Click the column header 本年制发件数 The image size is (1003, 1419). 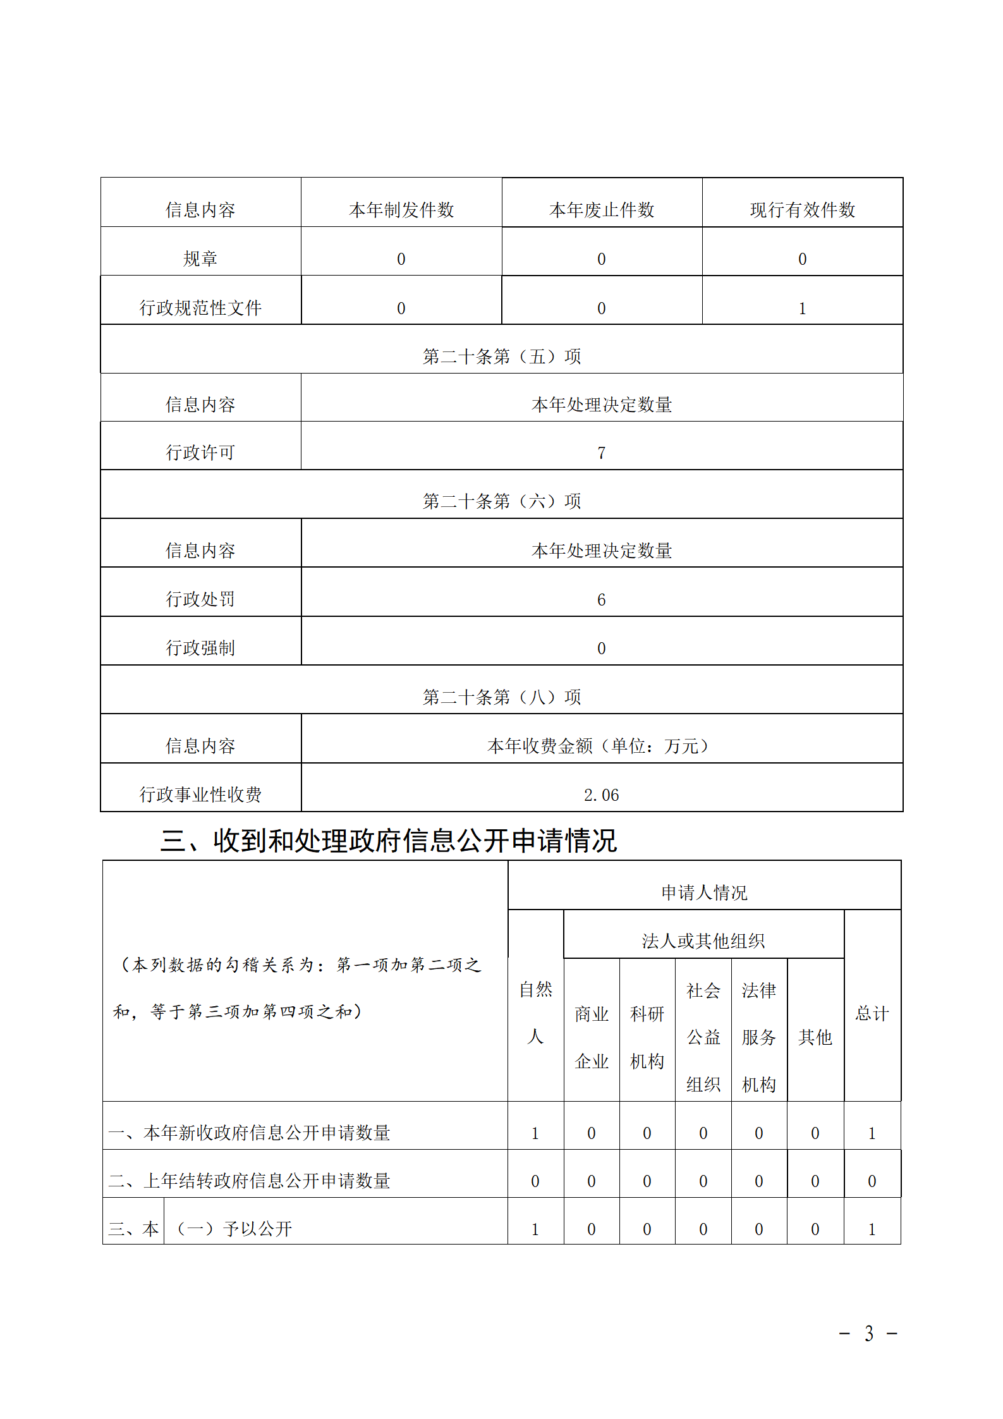tap(401, 210)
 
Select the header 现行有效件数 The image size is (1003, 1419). tap(802, 210)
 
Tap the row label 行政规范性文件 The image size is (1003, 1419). tap(200, 308)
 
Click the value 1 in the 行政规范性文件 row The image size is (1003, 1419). tap(802, 308)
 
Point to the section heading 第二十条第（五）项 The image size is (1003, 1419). tap(501, 356)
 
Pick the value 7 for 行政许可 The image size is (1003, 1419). tap(601, 453)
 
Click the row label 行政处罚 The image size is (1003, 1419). tap(200, 599)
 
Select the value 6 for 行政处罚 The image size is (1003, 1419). tap(601, 599)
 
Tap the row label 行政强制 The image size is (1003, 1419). tap(200, 648)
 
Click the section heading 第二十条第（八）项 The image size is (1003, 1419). tap(501, 697)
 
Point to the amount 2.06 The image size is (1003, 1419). tap(601, 795)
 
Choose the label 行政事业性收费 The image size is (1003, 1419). tap(200, 795)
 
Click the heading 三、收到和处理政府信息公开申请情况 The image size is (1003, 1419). tap(388, 841)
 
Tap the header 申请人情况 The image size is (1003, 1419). tap(704, 892)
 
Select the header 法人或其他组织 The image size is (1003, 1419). tap(703, 941)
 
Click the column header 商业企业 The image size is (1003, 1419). tap(592, 1037)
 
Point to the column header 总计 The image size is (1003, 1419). tap(872, 1014)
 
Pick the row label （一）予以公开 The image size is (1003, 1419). tap(234, 1229)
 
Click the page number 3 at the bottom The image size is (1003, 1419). tap(869, 1334)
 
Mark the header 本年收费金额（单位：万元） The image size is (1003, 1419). tap(601, 746)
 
